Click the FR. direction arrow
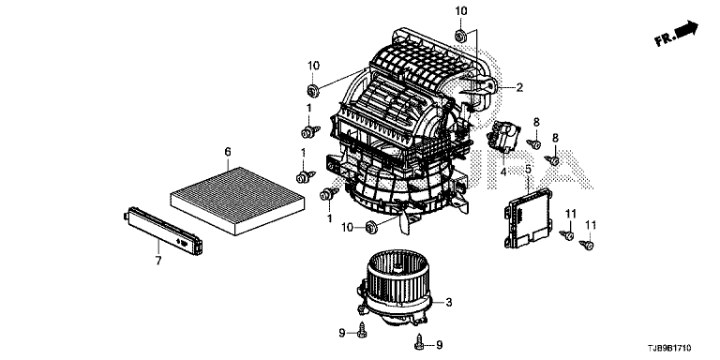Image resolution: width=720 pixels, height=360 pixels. pos(676,34)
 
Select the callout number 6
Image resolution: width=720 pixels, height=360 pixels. pos(228,152)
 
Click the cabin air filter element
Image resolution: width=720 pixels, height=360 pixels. pos(237,201)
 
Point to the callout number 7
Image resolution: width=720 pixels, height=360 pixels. pos(158,261)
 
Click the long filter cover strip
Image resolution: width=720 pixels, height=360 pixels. pos(163,231)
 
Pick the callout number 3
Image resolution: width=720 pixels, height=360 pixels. pos(449,302)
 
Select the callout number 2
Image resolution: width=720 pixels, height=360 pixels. pos(519,87)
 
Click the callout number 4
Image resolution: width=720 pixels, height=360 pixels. pos(503,172)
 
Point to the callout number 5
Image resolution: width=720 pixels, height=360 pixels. pos(528,170)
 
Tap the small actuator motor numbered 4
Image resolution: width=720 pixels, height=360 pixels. pos(503,136)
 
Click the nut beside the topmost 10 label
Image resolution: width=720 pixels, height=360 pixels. pos(459,35)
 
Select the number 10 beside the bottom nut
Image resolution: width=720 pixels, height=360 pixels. pos(349,226)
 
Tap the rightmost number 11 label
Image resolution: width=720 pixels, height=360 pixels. pos(590,225)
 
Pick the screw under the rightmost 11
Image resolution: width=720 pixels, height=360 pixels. pos(587,245)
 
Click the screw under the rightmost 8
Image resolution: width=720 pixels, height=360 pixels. pos(552,160)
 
